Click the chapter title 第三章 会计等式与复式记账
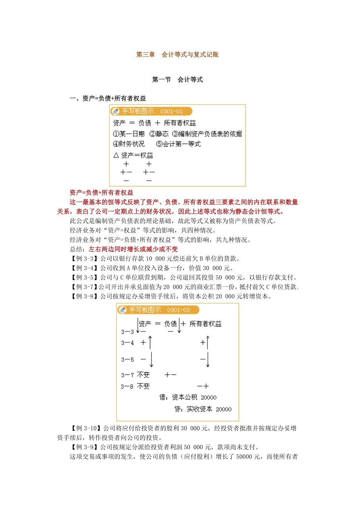[x=177, y=55]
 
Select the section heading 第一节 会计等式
[x=177, y=80]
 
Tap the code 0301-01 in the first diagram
[x=171, y=111]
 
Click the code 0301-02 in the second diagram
[x=178, y=310]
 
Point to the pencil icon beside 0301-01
[x=115, y=111]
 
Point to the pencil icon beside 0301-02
[x=123, y=310]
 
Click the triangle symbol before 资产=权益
[x=116, y=155]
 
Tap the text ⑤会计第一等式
[x=178, y=144]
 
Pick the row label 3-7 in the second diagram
[x=128, y=375]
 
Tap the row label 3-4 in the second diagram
[x=128, y=343]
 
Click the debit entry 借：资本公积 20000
[x=188, y=398]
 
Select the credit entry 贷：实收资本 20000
[x=203, y=409]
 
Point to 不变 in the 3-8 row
[x=143, y=386]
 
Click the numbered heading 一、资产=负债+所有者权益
[x=108, y=99]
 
